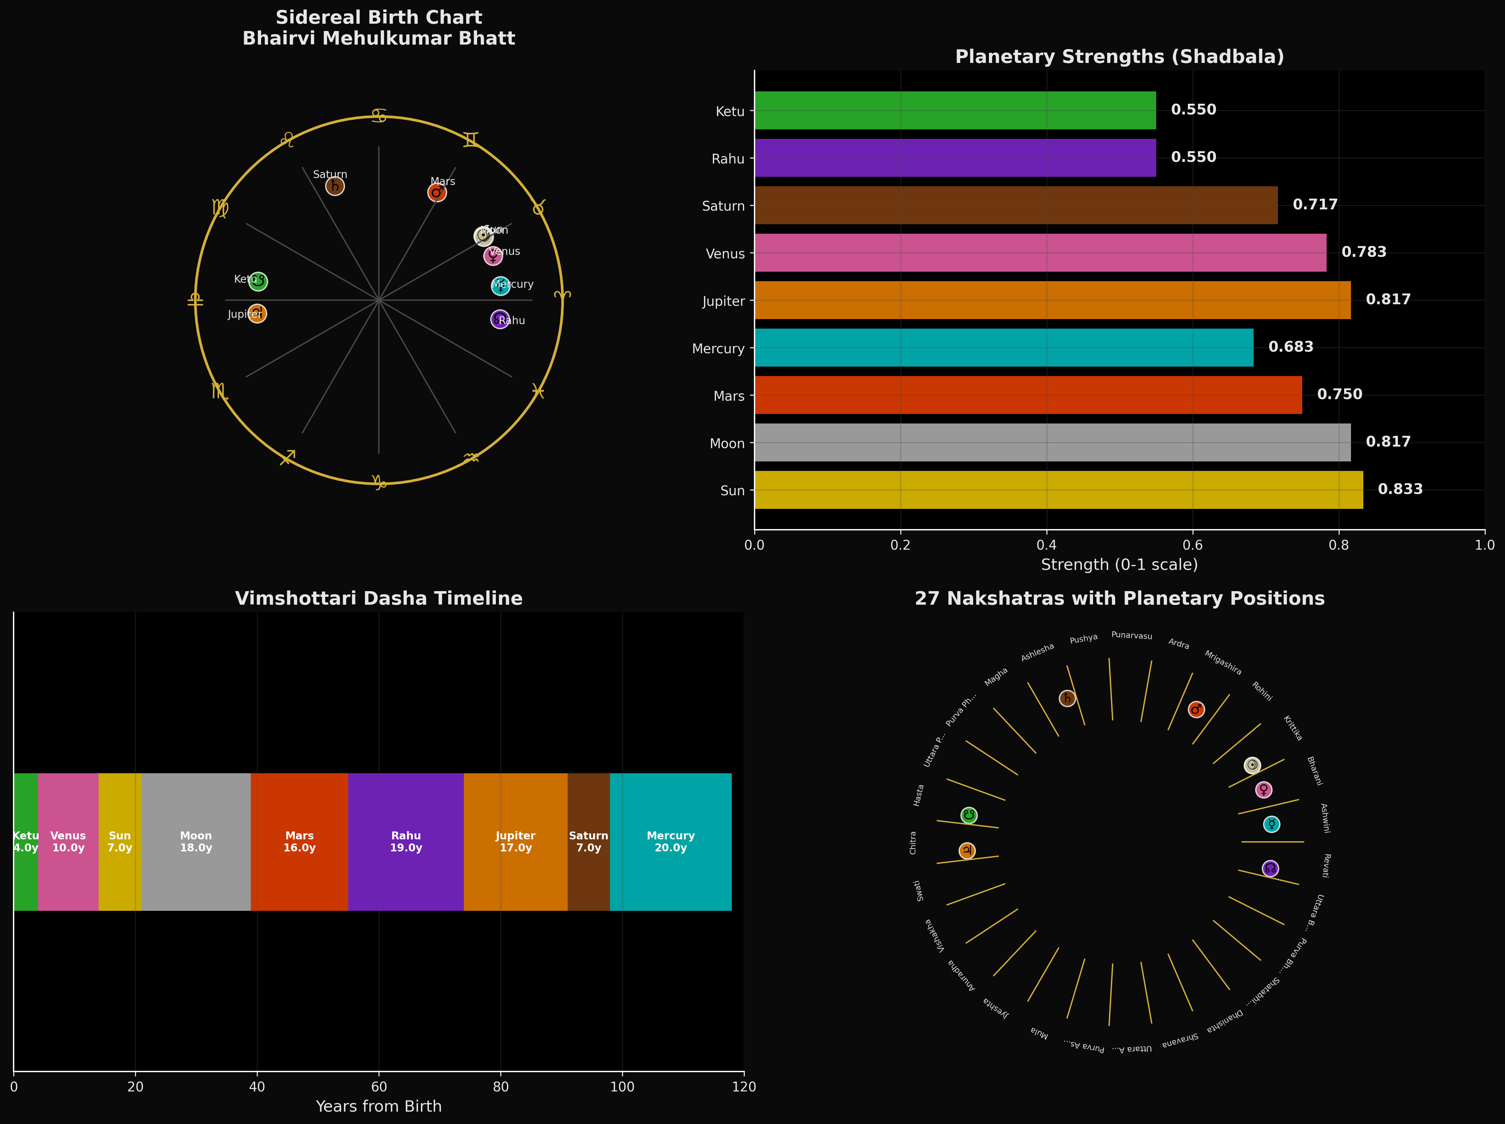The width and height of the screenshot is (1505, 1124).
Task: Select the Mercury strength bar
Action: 1003,348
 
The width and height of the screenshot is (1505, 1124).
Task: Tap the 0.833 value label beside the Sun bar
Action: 1400,489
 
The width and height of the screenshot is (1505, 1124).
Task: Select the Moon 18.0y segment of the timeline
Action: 196,842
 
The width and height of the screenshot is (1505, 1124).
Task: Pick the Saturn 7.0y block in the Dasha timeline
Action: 589,842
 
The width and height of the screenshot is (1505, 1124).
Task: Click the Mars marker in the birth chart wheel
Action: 437,193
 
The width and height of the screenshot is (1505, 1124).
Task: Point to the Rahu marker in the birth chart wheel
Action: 500,319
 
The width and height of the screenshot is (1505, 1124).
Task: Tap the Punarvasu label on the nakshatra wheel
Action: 1132,635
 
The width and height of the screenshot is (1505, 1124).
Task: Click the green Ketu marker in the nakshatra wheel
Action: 969,815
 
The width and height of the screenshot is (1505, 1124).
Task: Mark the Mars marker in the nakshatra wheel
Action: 1196,710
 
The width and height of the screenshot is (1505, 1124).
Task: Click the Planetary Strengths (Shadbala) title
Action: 1119,57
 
